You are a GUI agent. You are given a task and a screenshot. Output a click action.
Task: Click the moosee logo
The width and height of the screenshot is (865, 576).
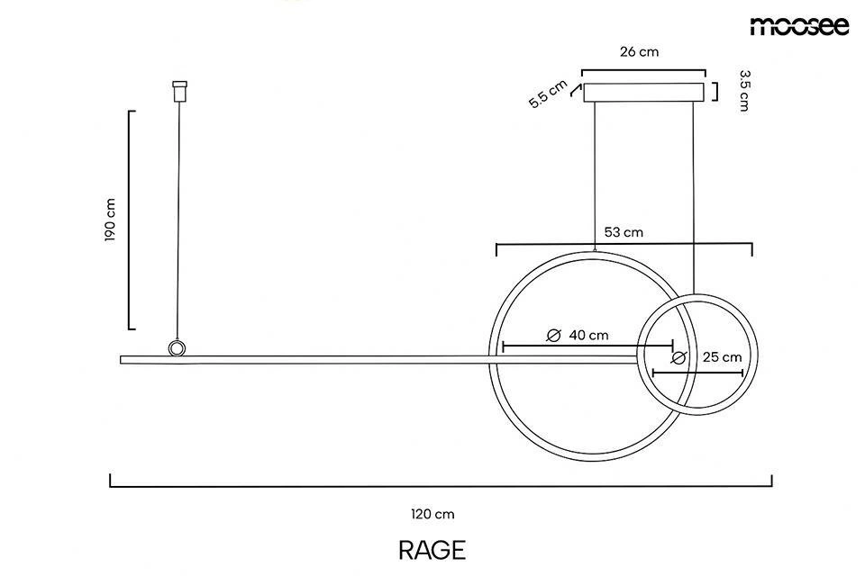coord(799,26)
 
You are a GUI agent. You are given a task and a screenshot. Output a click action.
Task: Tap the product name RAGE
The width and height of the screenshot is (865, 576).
coord(432,550)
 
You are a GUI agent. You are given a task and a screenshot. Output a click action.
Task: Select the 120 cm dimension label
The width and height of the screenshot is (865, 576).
coord(432,515)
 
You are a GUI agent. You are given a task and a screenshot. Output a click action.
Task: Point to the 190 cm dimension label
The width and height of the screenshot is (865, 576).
coord(111,220)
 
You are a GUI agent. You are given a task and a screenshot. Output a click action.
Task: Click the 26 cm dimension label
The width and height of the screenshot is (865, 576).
coord(639,51)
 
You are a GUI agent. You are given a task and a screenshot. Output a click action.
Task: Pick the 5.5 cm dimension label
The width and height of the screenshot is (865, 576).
coord(547,94)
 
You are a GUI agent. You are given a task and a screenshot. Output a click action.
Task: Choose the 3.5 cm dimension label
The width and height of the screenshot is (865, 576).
coord(743,91)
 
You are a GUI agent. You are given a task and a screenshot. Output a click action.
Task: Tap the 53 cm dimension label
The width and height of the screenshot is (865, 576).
coord(624,232)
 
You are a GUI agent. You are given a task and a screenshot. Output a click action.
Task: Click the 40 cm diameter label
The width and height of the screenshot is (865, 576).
coord(588,335)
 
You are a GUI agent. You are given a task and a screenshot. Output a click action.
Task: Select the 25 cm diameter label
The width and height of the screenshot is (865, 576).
coord(723,356)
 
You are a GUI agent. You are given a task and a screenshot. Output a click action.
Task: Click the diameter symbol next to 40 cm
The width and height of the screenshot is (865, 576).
coord(555,336)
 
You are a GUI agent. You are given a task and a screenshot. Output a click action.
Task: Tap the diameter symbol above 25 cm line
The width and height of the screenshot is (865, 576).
coord(678,357)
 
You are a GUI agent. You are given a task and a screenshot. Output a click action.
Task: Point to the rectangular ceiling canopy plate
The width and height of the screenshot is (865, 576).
coord(644,92)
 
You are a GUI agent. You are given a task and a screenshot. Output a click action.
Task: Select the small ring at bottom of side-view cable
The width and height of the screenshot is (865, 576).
coord(178,348)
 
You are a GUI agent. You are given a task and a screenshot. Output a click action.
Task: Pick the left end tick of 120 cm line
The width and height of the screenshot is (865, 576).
coord(111,481)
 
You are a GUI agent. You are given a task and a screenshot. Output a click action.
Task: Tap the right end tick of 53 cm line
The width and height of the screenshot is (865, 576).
coord(751,248)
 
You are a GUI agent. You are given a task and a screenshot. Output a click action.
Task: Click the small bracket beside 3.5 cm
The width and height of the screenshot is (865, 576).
coord(715,92)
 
